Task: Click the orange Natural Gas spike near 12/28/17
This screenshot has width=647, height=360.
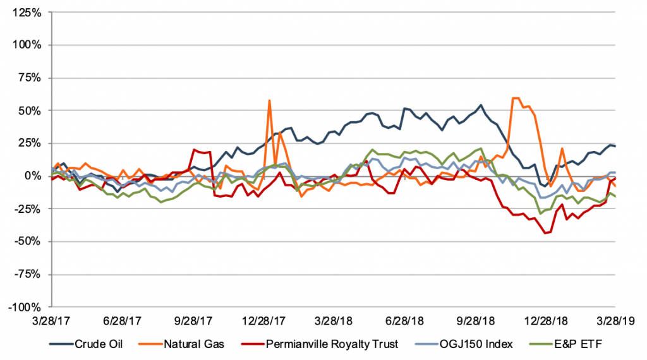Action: [x=270, y=100]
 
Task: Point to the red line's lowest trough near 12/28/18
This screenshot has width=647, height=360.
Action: [x=545, y=233]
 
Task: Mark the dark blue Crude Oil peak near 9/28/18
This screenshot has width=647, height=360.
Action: [x=481, y=105]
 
